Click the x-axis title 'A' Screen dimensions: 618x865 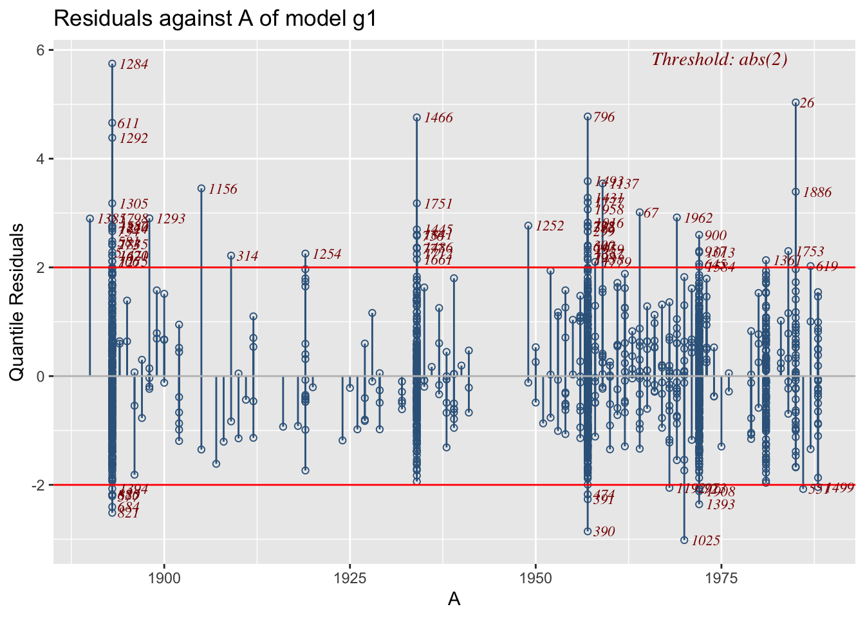(x=454, y=599)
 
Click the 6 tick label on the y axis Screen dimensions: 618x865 (x=40, y=50)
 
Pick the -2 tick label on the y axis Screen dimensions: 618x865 (x=37, y=485)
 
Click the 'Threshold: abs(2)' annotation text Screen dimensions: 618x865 (x=720, y=59)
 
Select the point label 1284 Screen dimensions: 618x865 (x=134, y=64)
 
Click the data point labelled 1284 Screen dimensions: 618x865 (x=112, y=64)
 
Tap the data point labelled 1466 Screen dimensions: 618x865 (x=416, y=118)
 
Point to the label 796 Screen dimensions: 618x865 (x=604, y=117)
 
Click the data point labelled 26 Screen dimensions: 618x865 (x=795, y=102)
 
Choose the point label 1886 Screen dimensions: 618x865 (x=817, y=192)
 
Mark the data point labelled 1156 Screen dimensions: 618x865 (x=201, y=189)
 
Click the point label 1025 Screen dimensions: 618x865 (x=705, y=541)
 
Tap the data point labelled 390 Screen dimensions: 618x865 (x=588, y=531)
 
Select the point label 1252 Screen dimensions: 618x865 (x=550, y=227)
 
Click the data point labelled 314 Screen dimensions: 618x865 (x=231, y=256)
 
